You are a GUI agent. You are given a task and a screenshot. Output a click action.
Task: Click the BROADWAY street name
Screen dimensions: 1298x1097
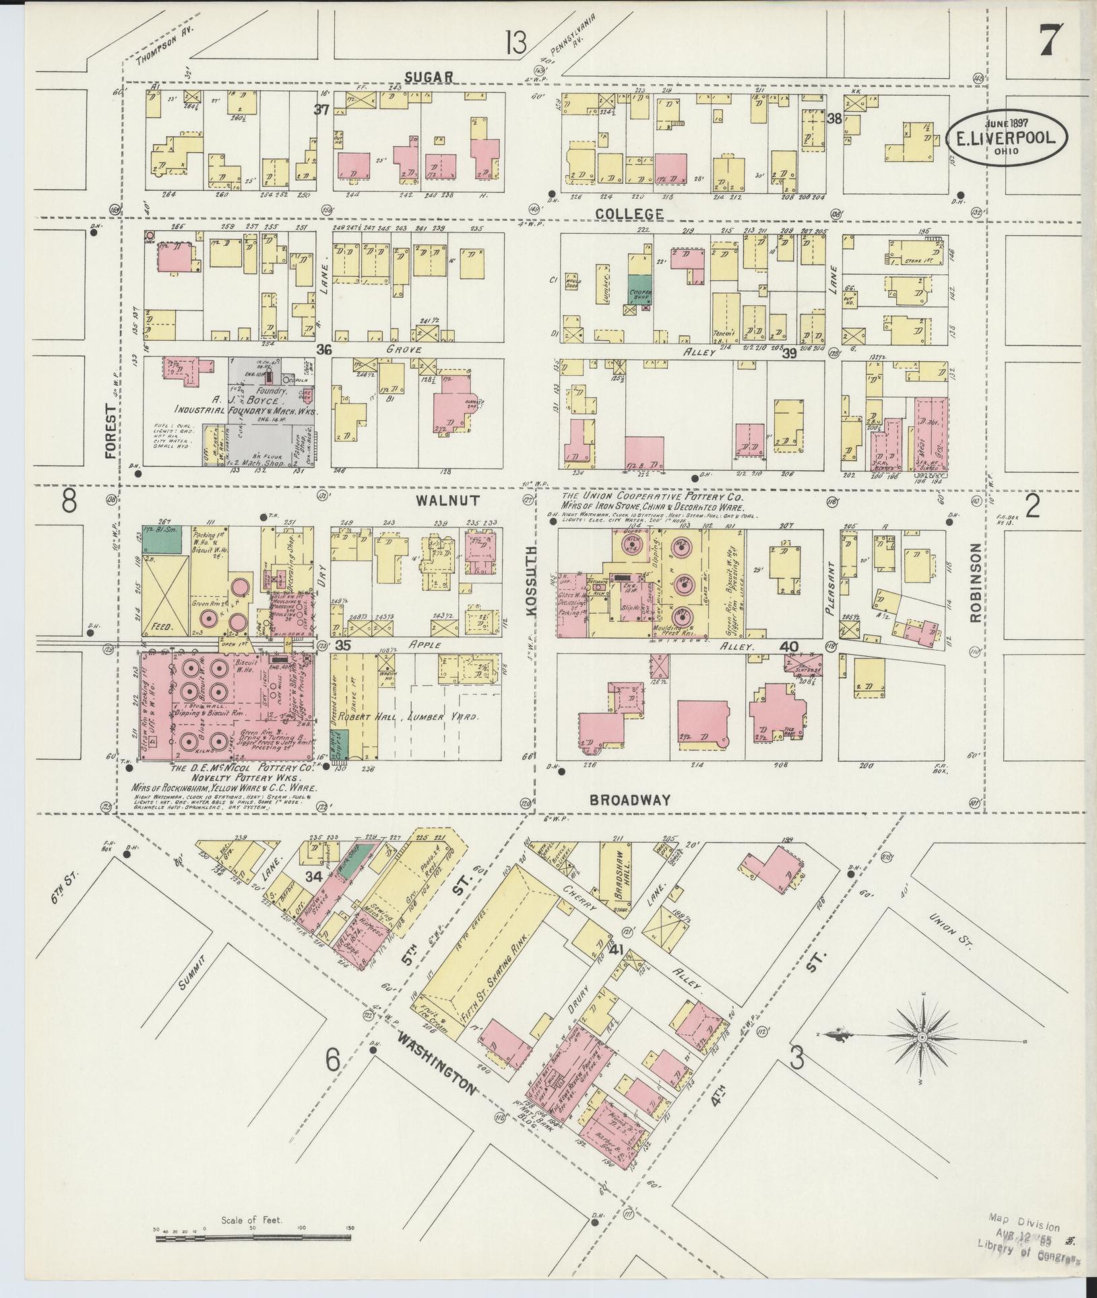(630, 800)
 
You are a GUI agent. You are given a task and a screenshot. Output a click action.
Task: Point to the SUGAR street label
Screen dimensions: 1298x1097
(429, 77)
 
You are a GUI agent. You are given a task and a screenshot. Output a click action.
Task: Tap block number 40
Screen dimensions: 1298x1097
(788, 647)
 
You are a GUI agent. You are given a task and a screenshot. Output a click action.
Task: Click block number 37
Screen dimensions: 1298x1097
(321, 109)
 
